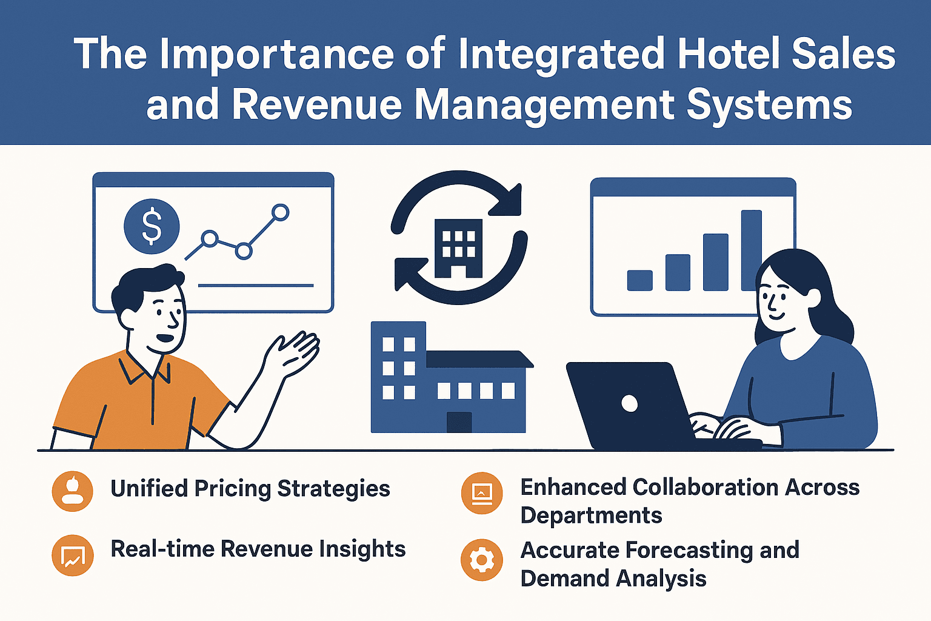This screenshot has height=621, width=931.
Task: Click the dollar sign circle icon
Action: click(x=152, y=226)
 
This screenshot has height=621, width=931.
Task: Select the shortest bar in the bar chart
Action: click(x=639, y=280)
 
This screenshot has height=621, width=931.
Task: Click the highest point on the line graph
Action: click(x=280, y=212)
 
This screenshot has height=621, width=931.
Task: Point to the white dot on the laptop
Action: click(x=630, y=403)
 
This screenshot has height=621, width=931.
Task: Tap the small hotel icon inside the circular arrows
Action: click(x=459, y=247)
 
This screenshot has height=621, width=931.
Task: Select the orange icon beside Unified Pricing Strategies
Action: click(x=73, y=491)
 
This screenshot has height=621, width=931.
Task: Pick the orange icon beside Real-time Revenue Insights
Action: click(x=73, y=555)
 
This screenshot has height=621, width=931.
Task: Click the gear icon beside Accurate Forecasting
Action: click(x=482, y=560)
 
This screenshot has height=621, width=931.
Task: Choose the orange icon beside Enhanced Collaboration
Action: click(x=482, y=493)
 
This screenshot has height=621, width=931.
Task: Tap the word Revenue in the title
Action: click(x=316, y=105)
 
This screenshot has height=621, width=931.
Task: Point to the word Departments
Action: click(x=591, y=515)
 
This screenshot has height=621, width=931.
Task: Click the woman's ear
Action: click(x=812, y=298)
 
